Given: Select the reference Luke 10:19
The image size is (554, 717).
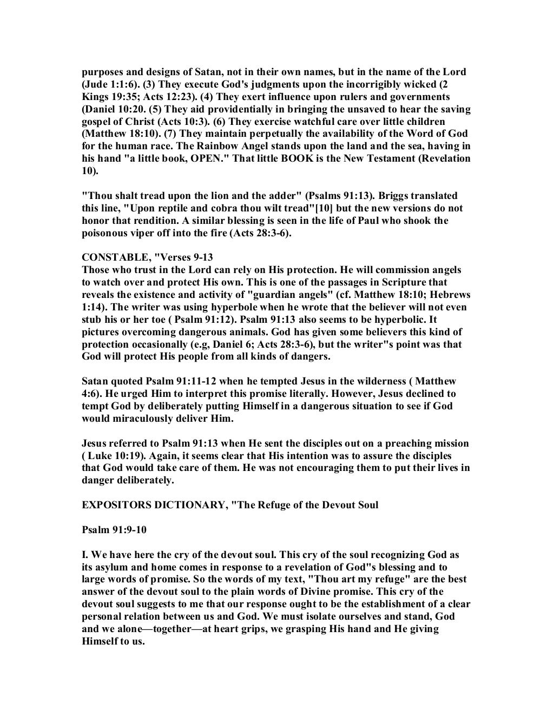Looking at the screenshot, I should pyautogui.click(x=111, y=456).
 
